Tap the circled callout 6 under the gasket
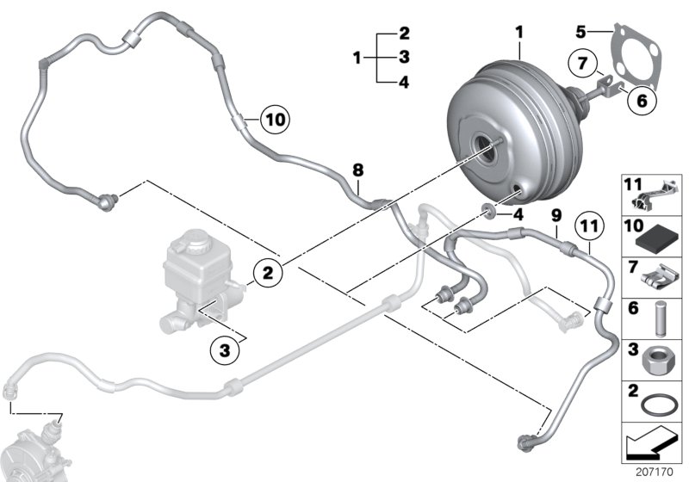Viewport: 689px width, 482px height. click(640, 100)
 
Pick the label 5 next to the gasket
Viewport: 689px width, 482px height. click(581, 32)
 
